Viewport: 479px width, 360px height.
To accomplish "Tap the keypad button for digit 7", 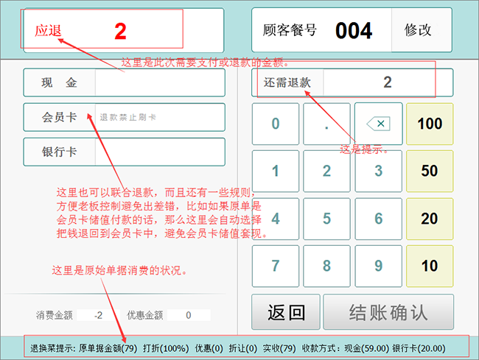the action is (276, 266).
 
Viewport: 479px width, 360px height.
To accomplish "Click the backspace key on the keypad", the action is (379, 124).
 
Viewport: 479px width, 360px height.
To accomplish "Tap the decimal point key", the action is (326, 124).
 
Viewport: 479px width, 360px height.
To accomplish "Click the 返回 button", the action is (286, 312).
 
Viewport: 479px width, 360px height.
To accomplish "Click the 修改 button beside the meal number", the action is (422, 30).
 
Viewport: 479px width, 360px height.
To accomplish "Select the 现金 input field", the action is (160, 82).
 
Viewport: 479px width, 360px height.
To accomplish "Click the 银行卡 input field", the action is (160, 152).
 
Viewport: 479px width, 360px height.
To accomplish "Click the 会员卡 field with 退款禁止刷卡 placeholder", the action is (160, 117).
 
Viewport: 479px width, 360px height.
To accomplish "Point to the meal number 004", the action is (354, 31).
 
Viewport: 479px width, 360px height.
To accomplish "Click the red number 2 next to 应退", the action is (120, 31).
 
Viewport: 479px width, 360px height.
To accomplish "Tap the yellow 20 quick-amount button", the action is (430, 219).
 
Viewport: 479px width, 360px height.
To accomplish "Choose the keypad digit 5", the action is (326, 219).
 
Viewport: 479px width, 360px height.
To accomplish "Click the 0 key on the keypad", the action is (276, 124).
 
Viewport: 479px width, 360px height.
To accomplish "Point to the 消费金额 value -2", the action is (98, 315).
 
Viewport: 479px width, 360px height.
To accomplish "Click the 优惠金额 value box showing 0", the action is (189, 315).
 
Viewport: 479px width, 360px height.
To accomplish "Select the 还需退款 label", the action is (287, 82).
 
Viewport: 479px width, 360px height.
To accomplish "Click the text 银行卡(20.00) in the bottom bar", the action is (419, 348).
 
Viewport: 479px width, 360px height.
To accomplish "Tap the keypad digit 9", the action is (379, 266).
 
